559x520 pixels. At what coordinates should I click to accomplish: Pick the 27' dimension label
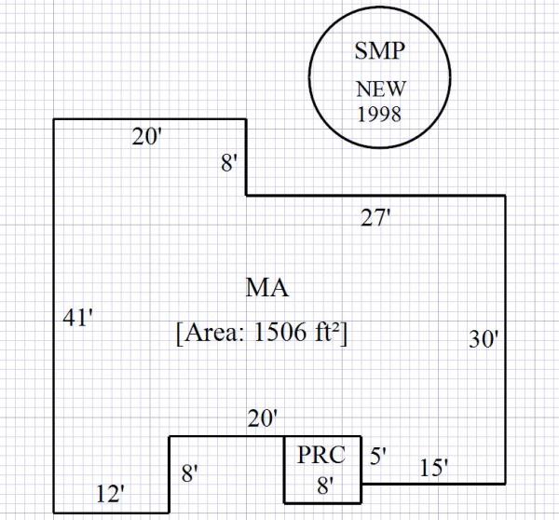(375, 219)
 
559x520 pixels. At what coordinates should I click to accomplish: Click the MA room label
(266, 288)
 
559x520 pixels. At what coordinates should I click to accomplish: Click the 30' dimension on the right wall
(484, 340)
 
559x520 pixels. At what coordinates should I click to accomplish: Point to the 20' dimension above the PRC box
(263, 420)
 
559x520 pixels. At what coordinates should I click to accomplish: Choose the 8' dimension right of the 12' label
(190, 473)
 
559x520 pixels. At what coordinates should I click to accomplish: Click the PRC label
(321, 456)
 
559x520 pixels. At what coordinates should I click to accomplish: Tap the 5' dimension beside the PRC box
(378, 456)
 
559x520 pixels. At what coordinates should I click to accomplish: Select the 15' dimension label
(431, 469)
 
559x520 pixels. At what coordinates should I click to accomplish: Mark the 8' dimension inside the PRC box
(323, 485)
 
